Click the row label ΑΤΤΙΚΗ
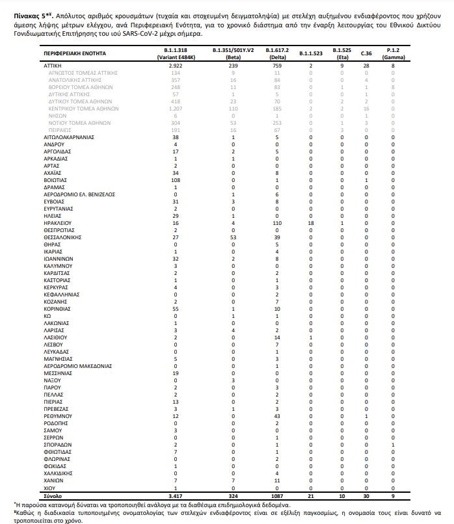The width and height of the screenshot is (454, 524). point(53,66)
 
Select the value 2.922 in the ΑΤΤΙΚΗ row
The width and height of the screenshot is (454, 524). point(176,66)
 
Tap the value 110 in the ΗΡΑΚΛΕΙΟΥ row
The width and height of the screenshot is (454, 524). point(267,222)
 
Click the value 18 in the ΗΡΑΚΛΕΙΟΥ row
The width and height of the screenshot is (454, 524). point(311,222)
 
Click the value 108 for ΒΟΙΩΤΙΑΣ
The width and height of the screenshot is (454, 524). point(176,179)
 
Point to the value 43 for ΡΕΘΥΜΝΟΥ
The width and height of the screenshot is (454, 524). point(267,415)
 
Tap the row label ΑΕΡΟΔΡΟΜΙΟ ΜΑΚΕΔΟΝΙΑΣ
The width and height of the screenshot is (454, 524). point(78,365)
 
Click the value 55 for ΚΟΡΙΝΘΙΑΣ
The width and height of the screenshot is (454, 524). point(176,309)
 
